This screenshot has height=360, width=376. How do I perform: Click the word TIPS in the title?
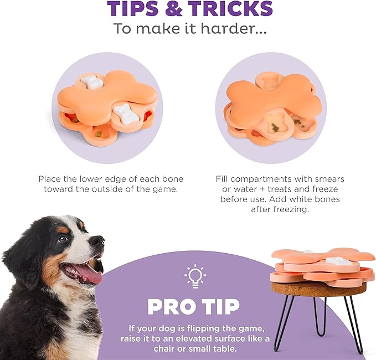pyautogui.click(x=133, y=9)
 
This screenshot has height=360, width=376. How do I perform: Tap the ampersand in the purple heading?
pyautogui.click(x=173, y=9)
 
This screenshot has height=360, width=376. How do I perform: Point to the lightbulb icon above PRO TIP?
pyautogui.click(x=195, y=276)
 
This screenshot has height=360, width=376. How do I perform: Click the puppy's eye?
pyautogui.click(x=63, y=239)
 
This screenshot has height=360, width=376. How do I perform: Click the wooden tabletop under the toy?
pyautogui.click(x=318, y=289)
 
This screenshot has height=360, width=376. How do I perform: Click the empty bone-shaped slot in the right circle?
pyautogui.click(x=267, y=81)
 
